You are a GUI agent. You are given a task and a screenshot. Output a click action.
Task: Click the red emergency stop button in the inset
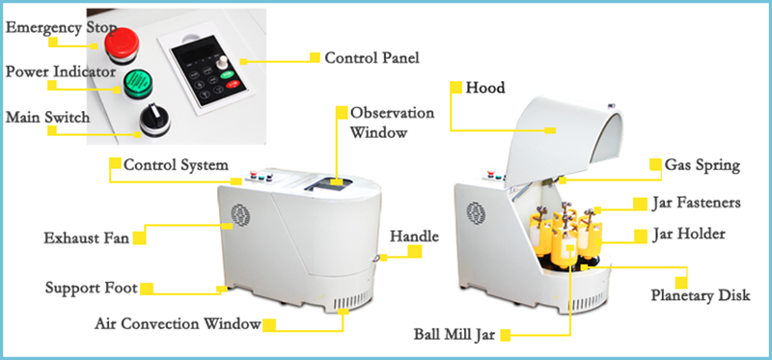pos(123,44)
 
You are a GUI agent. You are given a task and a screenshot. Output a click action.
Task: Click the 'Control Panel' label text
pos(372,57)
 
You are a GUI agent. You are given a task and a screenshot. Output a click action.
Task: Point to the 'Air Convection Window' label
pos(178,324)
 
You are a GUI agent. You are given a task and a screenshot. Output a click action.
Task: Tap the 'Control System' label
pos(176,164)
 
